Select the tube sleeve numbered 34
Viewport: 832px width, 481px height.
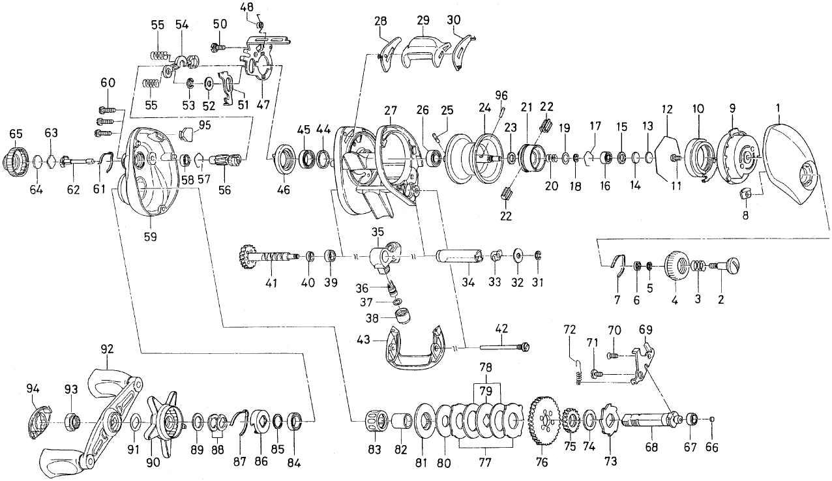coord(458,257)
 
